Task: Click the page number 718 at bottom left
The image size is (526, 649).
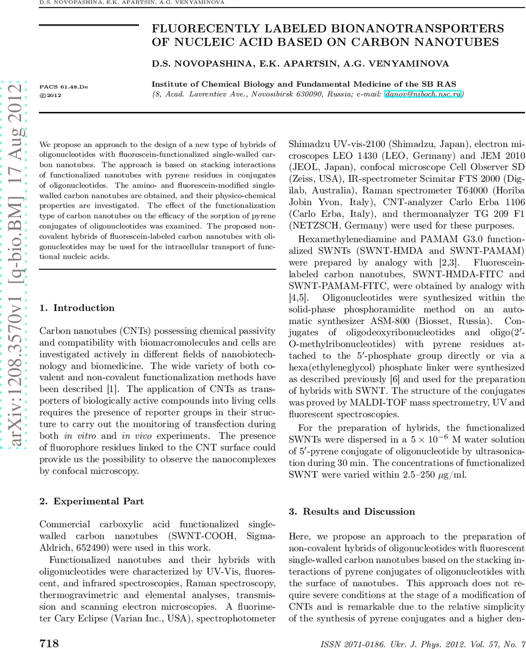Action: click(x=49, y=643)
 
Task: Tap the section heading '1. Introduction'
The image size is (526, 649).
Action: click(x=77, y=308)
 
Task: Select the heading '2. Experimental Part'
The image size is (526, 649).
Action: click(x=92, y=501)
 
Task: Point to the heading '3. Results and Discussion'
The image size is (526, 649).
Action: click(x=352, y=512)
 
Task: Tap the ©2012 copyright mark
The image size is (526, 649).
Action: click(x=51, y=95)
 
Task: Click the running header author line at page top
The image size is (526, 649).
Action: click(x=132, y=3)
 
